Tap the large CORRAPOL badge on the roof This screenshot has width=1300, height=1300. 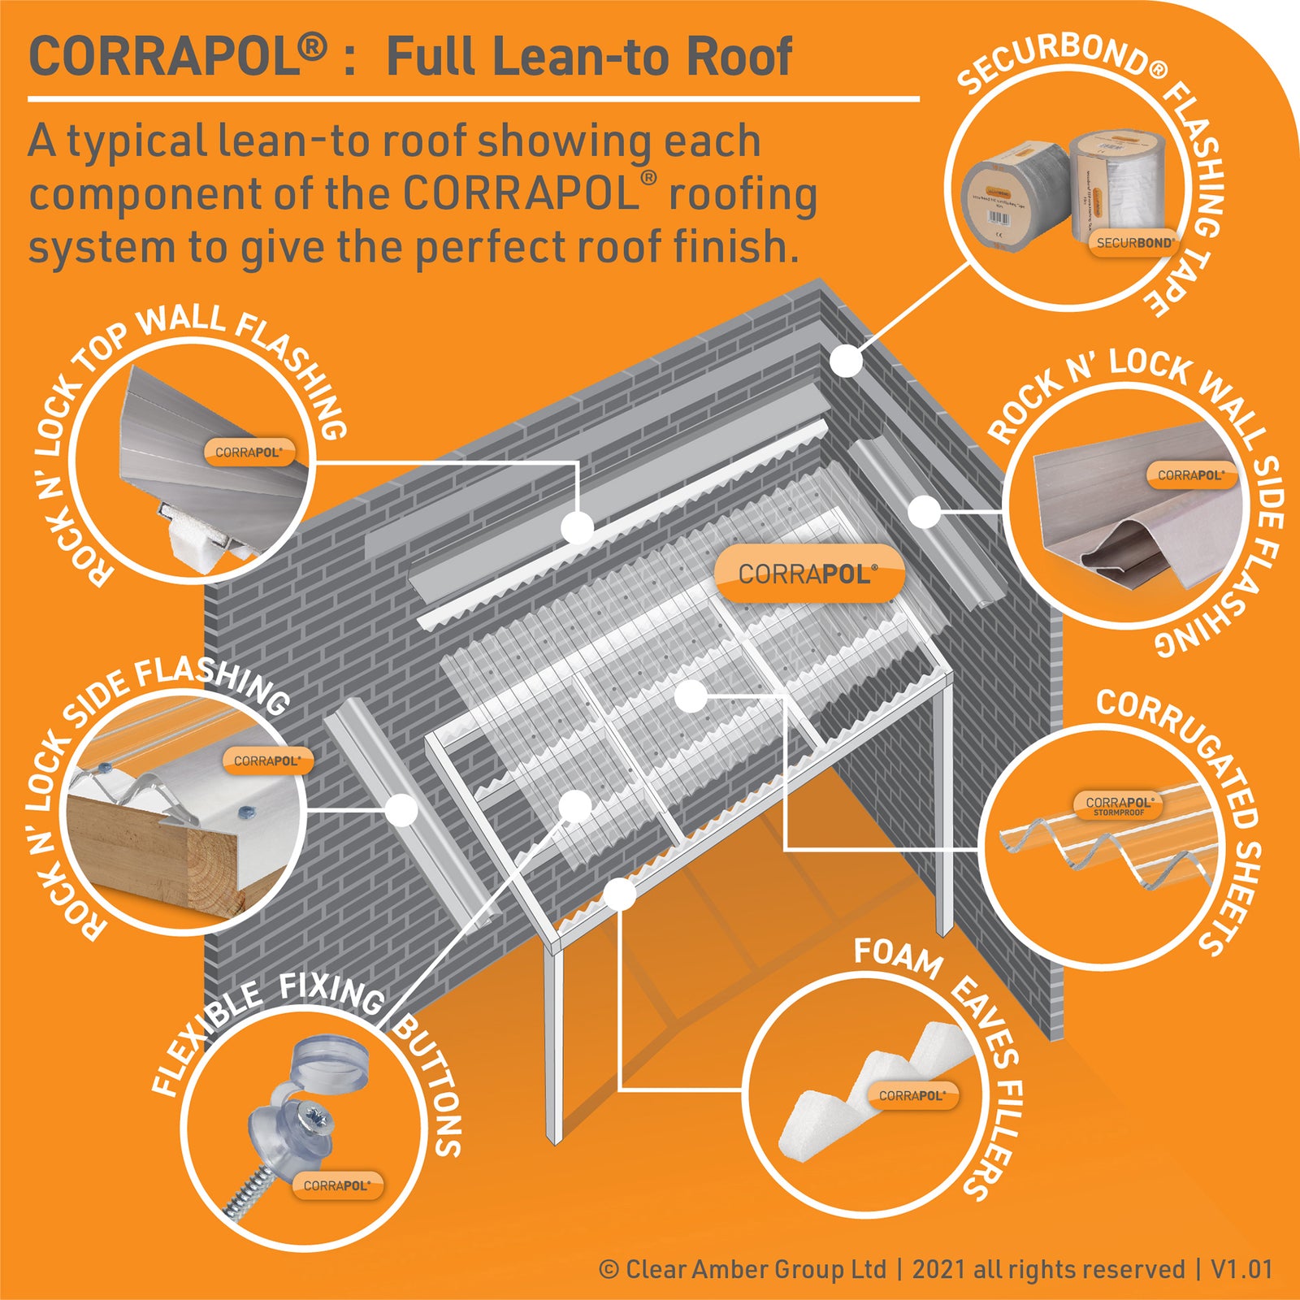pyautogui.click(x=808, y=574)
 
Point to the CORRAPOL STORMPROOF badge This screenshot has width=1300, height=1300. pyautogui.click(x=1119, y=804)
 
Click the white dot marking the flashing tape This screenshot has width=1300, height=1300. pyautogui.click(x=847, y=360)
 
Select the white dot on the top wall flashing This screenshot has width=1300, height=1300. pyautogui.click(x=578, y=528)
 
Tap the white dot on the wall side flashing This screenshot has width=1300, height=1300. pyautogui.click(x=924, y=512)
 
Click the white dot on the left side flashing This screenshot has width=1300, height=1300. pyautogui.click(x=401, y=809)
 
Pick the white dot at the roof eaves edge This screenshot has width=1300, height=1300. pyautogui.click(x=620, y=895)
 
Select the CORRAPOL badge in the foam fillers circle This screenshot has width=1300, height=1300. pyautogui.click(x=912, y=1095)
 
